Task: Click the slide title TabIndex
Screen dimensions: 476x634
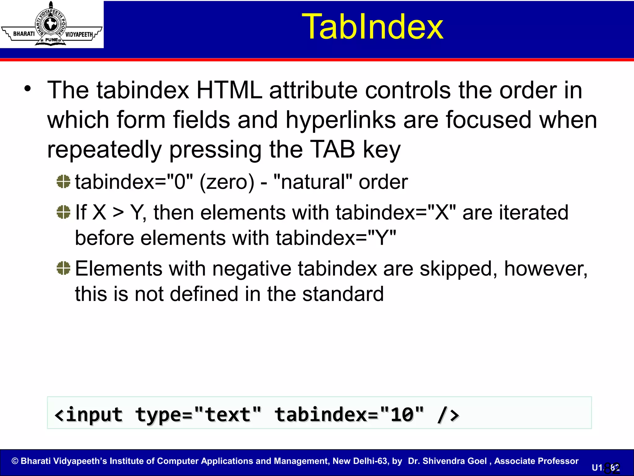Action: [372, 27]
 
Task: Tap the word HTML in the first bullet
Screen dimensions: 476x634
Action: [229, 90]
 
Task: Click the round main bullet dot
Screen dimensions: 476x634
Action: [28, 89]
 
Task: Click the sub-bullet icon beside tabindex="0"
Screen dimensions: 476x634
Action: [64, 182]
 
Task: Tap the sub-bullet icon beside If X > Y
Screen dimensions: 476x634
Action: [64, 212]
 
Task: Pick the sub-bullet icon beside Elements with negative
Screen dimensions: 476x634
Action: [64, 268]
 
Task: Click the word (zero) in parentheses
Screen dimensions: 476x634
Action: [227, 182]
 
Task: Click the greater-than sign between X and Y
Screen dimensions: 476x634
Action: [118, 213]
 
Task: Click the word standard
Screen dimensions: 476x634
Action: [343, 294]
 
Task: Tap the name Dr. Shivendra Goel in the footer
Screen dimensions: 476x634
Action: [447, 461]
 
